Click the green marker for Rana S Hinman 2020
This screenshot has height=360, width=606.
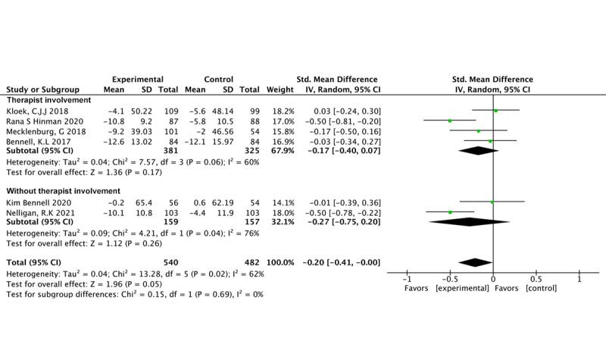449,121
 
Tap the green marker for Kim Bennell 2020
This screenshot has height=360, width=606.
492,202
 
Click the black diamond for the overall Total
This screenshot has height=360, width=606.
475,262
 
